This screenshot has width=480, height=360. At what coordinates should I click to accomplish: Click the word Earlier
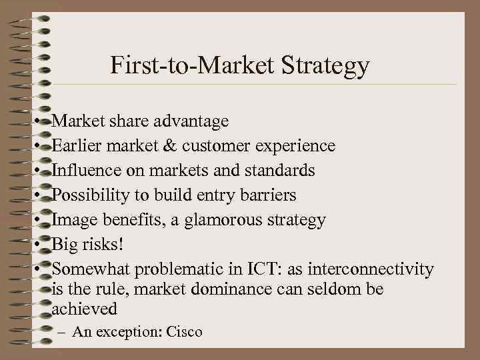tap(75, 146)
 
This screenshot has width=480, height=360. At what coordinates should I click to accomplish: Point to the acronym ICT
tap(261, 269)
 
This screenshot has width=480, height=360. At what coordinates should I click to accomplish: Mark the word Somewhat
tap(91, 269)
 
